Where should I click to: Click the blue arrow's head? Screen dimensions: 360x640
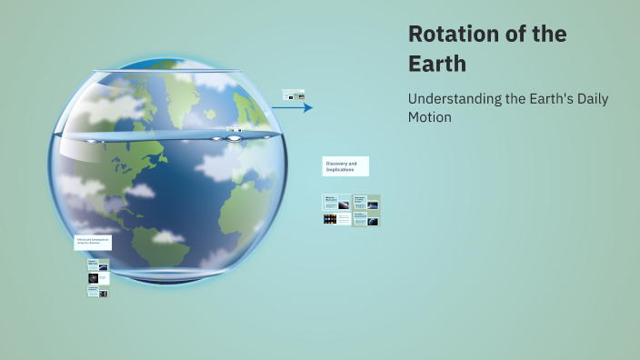coord(308,107)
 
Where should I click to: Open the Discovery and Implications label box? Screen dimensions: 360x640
coord(345,166)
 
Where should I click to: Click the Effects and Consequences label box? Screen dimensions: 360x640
coord(93,243)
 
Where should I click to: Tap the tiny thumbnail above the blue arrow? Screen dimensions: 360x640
coord(293,95)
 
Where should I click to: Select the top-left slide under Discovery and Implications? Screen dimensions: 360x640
coord(336,203)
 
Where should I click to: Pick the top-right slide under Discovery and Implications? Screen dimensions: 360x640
coord(366,203)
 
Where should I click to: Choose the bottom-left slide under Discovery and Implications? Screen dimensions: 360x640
coord(336,219)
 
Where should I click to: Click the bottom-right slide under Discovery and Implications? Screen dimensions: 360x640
coord(366,219)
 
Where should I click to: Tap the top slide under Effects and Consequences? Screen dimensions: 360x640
coord(97,265)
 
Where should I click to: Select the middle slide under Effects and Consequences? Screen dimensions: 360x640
coord(97,278)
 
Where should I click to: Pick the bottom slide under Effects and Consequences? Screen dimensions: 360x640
coord(97,292)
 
